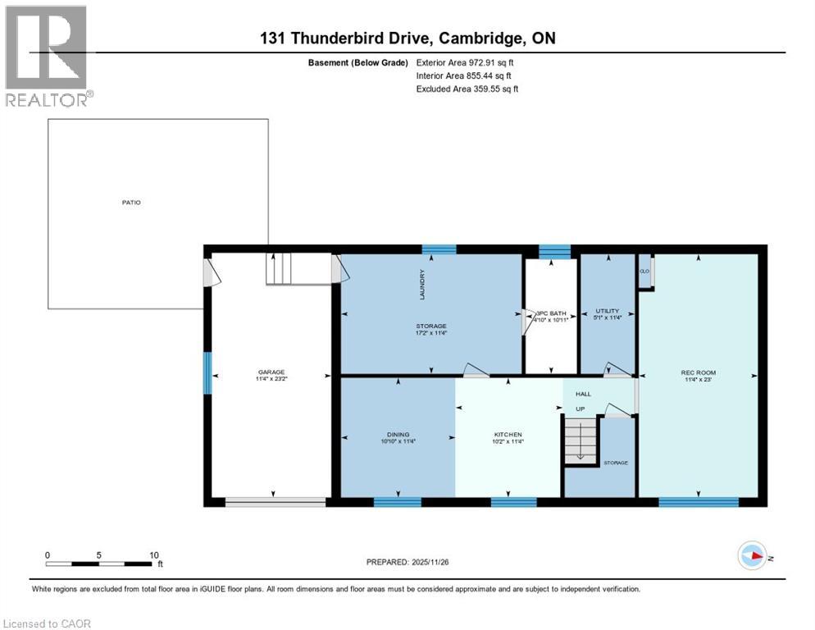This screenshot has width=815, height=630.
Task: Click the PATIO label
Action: coord(132,202)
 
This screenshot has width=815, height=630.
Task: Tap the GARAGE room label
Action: coord(271,372)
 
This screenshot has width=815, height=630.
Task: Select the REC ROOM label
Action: coord(698,372)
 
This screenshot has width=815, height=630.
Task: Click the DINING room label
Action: coord(398,435)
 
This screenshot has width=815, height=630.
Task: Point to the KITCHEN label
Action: coord(508,435)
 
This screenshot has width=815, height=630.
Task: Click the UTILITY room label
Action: coord(607,311)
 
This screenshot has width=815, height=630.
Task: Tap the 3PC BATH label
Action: coord(551,313)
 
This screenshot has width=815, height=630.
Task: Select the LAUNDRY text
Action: coord(422,281)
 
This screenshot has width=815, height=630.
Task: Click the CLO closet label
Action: coord(644,271)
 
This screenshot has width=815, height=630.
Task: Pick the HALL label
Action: coord(583,394)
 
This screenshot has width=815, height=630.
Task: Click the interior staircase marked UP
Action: coord(579,441)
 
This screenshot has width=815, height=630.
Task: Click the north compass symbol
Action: coord(752,555)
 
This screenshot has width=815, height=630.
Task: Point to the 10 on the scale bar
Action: coord(153,555)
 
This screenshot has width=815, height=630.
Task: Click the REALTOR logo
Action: coord(48,56)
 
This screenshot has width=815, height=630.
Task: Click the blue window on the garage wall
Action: coord(207,372)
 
